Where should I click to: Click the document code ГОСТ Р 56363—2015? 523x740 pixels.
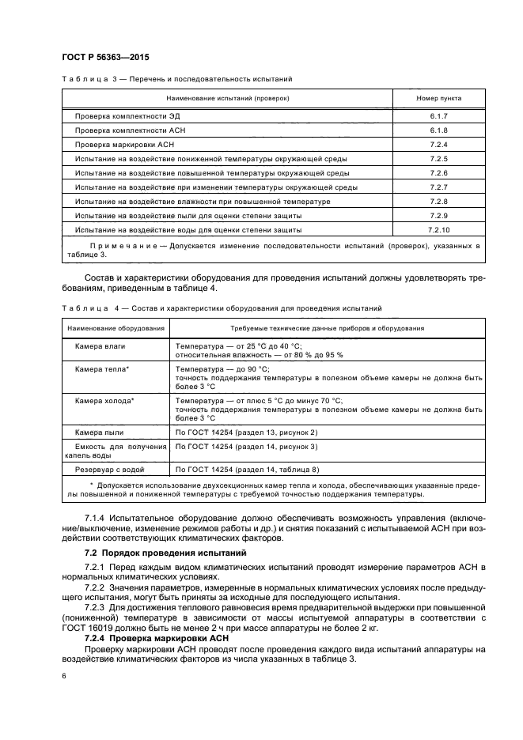[x=105, y=57]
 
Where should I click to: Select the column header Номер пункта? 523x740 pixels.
[x=439, y=98]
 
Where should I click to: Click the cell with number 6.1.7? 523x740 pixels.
[x=439, y=116]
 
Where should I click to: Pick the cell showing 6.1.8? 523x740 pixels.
[x=439, y=130]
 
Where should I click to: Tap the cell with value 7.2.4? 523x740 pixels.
[x=439, y=145]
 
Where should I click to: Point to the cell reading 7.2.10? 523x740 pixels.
[x=439, y=230]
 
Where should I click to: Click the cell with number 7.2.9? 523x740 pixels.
[x=439, y=216]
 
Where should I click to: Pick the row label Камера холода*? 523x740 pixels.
[x=104, y=401]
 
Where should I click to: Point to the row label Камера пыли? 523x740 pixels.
[x=99, y=432]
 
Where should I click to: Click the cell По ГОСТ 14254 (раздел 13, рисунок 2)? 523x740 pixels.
[x=246, y=432]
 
